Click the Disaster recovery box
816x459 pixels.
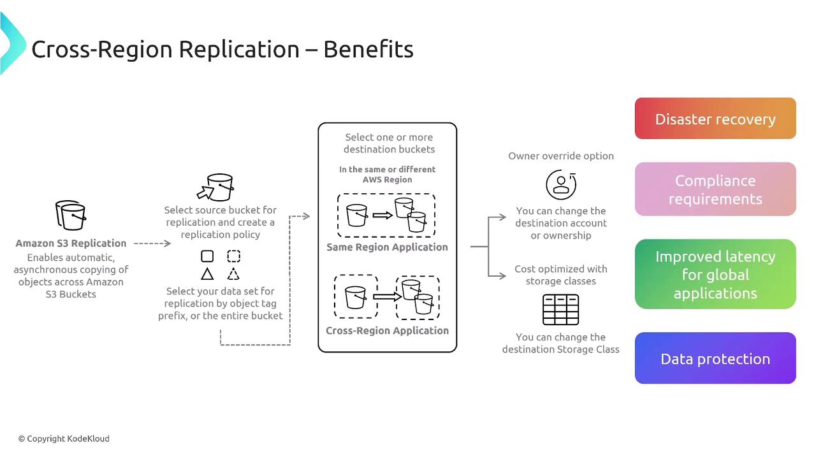click(x=715, y=119)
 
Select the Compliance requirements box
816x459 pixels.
click(x=715, y=189)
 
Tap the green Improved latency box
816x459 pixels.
click(x=715, y=274)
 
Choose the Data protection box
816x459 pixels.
click(x=715, y=358)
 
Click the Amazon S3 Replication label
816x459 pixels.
click(x=71, y=243)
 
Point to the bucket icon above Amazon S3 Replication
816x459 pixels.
click(x=71, y=215)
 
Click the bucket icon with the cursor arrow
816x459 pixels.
click(x=215, y=187)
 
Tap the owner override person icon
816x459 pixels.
click(x=561, y=184)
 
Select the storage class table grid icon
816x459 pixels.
click(x=560, y=310)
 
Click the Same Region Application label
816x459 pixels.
click(x=387, y=247)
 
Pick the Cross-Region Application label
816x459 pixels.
click(x=387, y=330)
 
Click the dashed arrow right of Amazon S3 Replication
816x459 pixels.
click(x=152, y=243)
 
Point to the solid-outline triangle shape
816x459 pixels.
click(x=207, y=274)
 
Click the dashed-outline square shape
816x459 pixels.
click(x=233, y=256)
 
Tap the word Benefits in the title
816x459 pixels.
click(x=368, y=49)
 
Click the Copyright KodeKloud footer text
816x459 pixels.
click(x=64, y=439)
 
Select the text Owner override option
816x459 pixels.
click(x=561, y=156)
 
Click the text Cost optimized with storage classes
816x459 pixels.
click(x=561, y=275)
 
